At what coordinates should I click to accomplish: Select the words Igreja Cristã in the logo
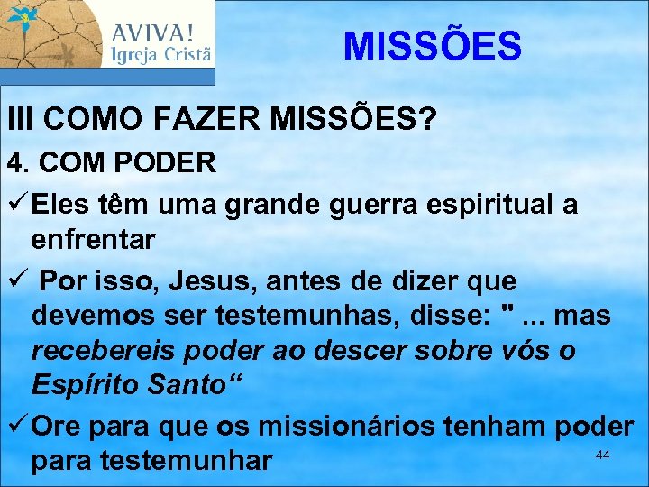point(161,55)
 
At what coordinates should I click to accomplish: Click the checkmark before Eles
point(16,204)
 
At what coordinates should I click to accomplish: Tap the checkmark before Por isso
point(16,280)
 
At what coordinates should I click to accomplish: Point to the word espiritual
point(481,205)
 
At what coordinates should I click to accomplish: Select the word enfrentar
point(93,241)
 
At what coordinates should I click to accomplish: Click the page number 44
point(603,455)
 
